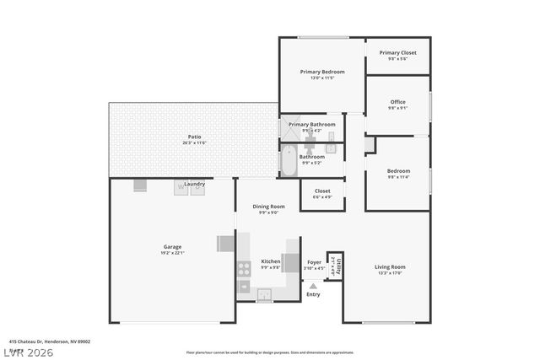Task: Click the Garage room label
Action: click(x=172, y=247)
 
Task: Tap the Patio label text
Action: click(x=194, y=137)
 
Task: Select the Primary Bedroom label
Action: click(x=322, y=72)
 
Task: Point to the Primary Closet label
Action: click(x=397, y=52)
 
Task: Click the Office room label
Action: click(x=397, y=102)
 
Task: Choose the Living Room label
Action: click(x=390, y=266)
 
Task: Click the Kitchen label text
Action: click(x=270, y=261)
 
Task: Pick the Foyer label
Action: click(x=314, y=262)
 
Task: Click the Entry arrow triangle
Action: click(x=313, y=286)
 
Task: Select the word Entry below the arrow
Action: click(x=313, y=294)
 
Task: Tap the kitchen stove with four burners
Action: click(x=244, y=269)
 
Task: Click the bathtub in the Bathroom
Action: click(x=288, y=160)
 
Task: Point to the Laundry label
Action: click(x=195, y=183)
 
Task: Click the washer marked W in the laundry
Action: click(x=181, y=189)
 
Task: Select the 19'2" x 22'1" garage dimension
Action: click(x=172, y=253)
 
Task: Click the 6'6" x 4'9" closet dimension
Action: click(x=322, y=197)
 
